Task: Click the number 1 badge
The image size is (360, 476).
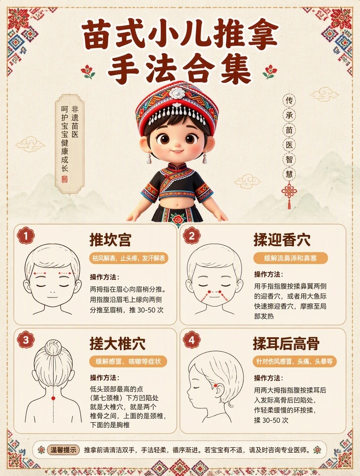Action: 26,236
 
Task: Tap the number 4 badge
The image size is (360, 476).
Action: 192,340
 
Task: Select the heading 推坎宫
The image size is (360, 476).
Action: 110,240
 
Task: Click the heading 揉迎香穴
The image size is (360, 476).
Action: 282,240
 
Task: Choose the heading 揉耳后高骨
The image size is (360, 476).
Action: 286,344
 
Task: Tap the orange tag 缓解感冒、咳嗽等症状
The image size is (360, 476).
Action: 128,361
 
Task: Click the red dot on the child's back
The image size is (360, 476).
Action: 53,398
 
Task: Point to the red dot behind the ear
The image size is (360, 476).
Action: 215,386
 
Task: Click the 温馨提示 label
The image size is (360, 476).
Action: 63,450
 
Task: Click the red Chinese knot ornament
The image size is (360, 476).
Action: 289,194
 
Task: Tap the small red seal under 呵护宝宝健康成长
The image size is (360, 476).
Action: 65,179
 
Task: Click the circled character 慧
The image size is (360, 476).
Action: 289,174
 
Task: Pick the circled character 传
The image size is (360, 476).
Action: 289,100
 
